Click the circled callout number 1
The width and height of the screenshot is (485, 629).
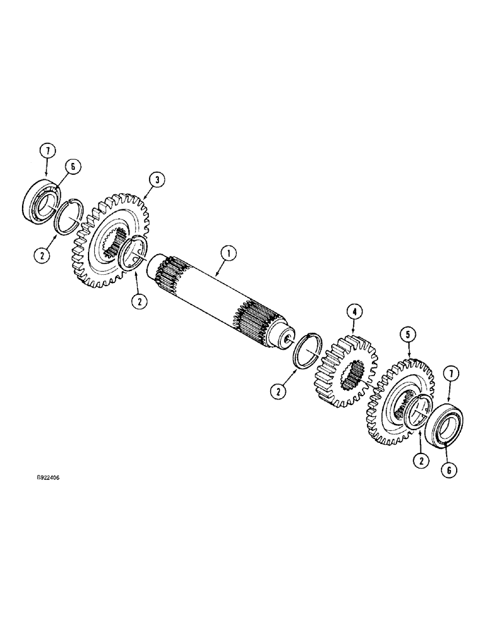[229, 254]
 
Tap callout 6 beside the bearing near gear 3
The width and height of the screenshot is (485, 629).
[74, 166]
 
